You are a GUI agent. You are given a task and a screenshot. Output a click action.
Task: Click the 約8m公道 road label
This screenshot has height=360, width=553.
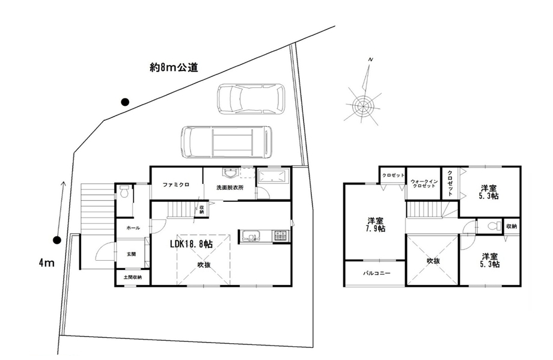(x=174, y=67)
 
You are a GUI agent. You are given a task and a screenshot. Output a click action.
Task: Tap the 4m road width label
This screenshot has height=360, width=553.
(x=46, y=263)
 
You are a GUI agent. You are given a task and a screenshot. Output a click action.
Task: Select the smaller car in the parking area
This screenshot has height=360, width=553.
(x=251, y=99)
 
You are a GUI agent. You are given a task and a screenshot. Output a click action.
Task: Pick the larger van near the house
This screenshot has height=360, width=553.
(x=226, y=142)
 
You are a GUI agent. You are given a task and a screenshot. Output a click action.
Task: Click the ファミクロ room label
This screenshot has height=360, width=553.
(x=176, y=185)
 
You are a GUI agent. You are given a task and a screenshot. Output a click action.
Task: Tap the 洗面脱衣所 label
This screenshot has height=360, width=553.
(x=230, y=188)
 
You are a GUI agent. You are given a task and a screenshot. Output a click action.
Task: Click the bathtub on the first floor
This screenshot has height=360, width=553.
(x=273, y=176)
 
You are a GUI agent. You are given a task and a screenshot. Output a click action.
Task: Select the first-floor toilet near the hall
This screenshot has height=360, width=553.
(x=124, y=192)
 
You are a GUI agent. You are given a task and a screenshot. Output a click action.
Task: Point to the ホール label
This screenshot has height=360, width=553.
(x=133, y=228)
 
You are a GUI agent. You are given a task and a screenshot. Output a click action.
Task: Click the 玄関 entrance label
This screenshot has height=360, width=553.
(x=131, y=254)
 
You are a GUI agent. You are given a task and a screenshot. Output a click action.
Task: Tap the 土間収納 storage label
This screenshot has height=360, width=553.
(x=133, y=277)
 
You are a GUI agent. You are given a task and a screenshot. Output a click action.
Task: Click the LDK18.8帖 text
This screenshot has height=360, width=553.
(x=192, y=243)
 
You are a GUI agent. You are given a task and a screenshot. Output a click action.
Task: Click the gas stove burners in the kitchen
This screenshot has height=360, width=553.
(x=280, y=236)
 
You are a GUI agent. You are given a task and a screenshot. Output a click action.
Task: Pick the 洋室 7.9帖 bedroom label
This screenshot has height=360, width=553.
(x=376, y=225)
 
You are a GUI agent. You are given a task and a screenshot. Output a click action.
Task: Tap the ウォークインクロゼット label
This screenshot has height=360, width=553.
(x=424, y=184)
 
